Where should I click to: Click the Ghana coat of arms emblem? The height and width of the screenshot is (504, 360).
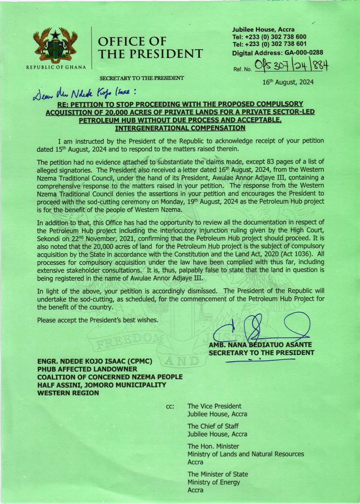55,46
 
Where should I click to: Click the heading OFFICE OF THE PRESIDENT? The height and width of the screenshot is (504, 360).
150,47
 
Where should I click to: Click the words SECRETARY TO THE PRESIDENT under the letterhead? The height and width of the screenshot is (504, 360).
141,78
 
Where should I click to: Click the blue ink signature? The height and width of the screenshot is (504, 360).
260,328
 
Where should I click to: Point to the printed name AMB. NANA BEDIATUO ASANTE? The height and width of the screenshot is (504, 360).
260,345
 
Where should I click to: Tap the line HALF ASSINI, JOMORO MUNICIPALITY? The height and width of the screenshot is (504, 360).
102,385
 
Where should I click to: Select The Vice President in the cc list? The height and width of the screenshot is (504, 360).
214,406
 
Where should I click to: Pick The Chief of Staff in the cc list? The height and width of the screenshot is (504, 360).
213,426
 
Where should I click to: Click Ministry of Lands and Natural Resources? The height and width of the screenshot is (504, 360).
245,454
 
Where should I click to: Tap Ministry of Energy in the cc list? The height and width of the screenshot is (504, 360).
213,482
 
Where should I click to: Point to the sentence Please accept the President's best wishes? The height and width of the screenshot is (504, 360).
98,320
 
